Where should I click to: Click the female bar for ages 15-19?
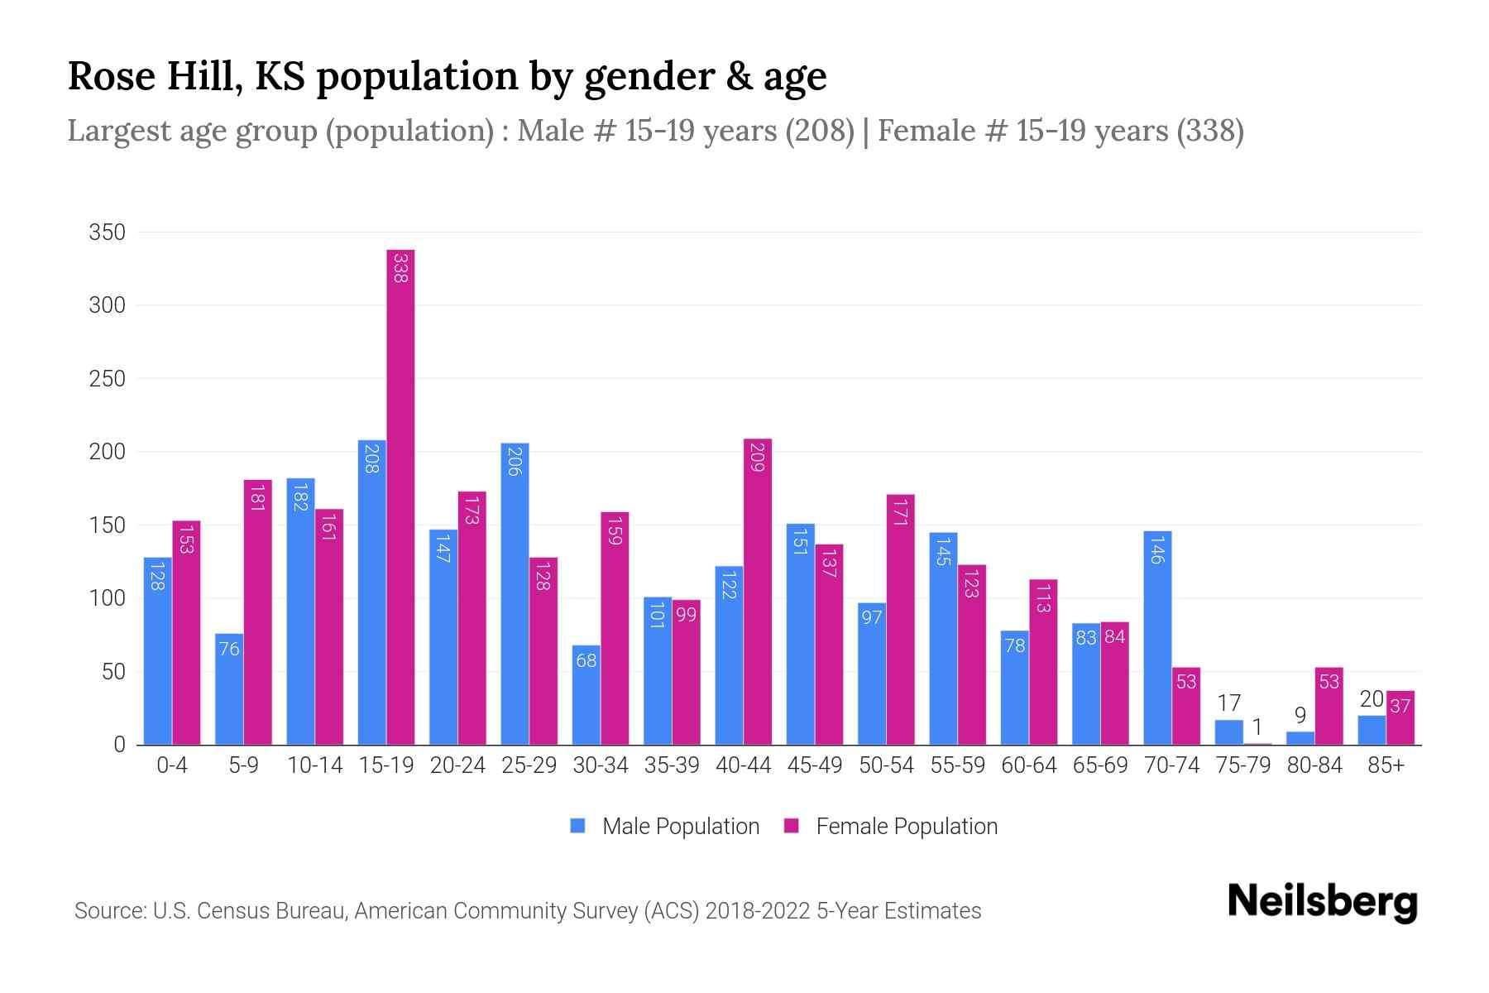[x=400, y=496]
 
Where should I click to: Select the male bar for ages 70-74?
[x=1157, y=637]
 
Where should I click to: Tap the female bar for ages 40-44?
[x=758, y=592]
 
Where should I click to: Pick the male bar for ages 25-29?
[x=515, y=593]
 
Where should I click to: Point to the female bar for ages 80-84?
[x=1329, y=706]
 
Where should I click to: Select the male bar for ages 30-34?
[x=586, y=694]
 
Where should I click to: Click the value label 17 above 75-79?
[x=1228, y=703]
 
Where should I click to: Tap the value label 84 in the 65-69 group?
[x=1114, y=637]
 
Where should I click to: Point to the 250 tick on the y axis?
[x=108, y=379]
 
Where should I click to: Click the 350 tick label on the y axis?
[x=108, y=233]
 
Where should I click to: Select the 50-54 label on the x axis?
[x=886, y=765]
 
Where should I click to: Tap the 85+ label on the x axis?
[x=1386, y=765]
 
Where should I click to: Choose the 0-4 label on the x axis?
[x=172, y=765]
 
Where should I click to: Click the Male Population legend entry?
[x=680, y=827]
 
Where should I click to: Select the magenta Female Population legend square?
[x=792, y=826]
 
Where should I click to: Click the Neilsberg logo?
[x=1322, y=902]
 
